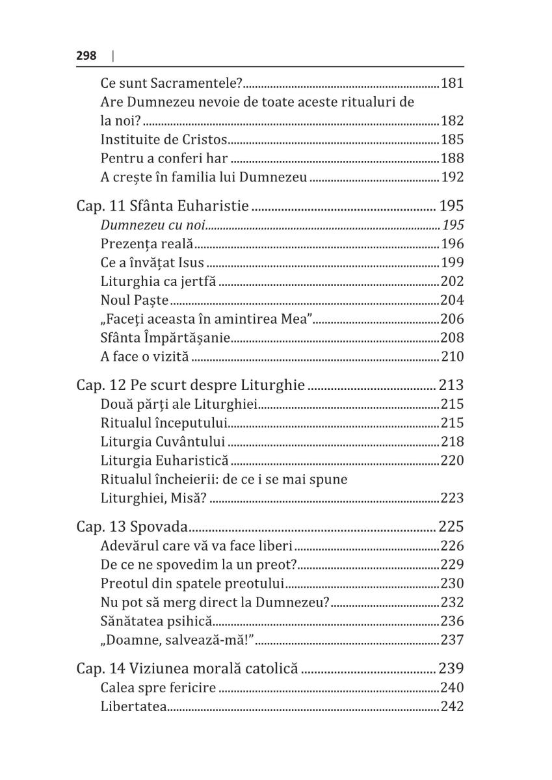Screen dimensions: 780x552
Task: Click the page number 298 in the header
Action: (86, 56)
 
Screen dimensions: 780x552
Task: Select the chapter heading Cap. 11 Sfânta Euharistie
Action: (163, 206)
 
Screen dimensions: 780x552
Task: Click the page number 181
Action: (452, 83)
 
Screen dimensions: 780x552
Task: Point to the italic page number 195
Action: (453, 226)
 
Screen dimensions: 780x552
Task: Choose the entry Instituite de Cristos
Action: (164, 139)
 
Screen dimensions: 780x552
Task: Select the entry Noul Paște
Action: (135, 300)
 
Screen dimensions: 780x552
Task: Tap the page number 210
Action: (452, 356)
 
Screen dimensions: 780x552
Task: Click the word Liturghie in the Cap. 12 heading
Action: (274, 385)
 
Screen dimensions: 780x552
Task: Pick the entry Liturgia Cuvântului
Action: (163, 442)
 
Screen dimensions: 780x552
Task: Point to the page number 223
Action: (452, 499)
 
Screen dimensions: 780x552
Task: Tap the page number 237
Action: (452, 640)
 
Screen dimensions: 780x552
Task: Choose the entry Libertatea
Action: (133, 707)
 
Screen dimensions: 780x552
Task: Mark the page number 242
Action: (452, 707)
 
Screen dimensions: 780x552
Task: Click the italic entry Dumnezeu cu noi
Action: (153, 226)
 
